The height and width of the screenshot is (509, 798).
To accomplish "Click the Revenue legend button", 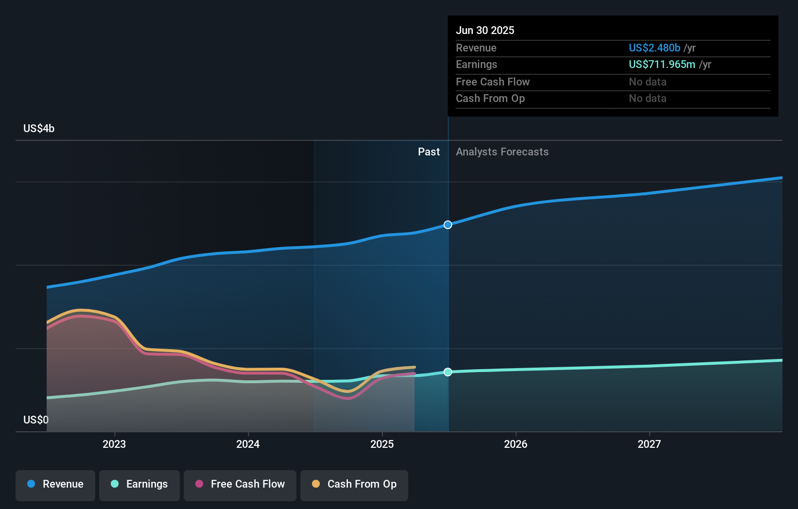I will tap(55, 484).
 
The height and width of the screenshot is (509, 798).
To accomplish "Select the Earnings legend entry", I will tap(139, 484).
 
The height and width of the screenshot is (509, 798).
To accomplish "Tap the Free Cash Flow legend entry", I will tap(240, 484).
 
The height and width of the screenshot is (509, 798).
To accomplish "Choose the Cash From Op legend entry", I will tap(354, 484).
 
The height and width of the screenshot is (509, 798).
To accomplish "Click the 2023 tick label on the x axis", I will tap(114, 444).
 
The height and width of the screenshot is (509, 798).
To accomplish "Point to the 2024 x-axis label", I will tap(248, 444).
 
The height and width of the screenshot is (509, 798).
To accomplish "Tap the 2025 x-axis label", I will tap(382, 444).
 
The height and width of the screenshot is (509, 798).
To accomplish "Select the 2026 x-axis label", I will tap(516, 444).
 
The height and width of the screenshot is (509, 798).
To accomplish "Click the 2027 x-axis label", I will tap(649, 444).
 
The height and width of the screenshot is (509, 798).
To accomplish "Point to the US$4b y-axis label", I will tap(39, 128).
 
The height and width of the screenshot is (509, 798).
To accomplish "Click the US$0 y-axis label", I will tap(36, 420).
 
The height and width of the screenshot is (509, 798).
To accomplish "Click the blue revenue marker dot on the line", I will tap(448, 225).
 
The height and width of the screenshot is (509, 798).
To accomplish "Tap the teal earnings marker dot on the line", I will tap(448, 372).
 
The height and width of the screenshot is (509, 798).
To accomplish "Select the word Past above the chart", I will tap(429, 152).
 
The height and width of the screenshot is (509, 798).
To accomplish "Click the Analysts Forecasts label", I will tap(502, 152).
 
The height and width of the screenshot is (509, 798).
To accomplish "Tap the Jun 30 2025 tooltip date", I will tap(485, 30).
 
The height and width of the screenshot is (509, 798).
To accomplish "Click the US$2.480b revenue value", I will tap(654, 48).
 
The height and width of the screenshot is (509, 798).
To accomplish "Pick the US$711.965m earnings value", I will tap(661, 64).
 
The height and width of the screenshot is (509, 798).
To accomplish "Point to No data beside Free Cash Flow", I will tap(647, 82).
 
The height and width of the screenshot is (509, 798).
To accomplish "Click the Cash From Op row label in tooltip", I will tap(490, 98).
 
